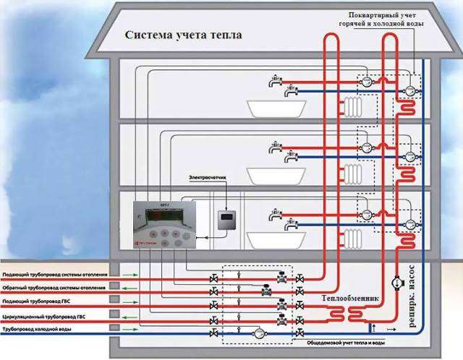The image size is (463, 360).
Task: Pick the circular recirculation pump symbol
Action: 396,283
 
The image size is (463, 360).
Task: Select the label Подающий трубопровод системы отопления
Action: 56,275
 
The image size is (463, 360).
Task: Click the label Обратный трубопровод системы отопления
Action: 56,288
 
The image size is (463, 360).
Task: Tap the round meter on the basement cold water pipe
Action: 255,333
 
